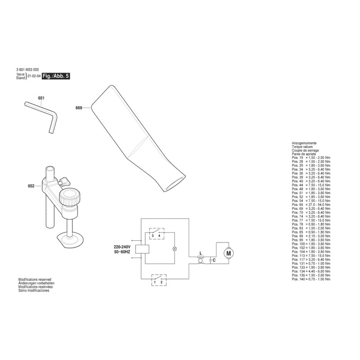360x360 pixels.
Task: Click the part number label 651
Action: pyautogui.click(x=41, y=98)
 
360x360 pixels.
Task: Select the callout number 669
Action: pyautogui.click(x=79, y=108)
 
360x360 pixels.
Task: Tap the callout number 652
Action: pyautogui.click(x=31, y=186)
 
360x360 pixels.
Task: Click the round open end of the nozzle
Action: pyautogui.click(x=175, y=184)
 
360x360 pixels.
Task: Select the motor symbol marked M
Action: pyautogui.click(x=229, y=253)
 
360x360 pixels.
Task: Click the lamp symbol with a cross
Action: pyautogui.click(x=175, y=248)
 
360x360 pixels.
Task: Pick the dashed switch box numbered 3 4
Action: pyautogui.click(x=157, y=234)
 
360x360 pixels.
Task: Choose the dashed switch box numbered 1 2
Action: pyautogui.click(x=159, y=280)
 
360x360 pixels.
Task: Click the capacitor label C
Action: pyautogui.click(x=214, y=260)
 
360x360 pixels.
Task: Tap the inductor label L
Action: pyautogui.click(x=201, y=253)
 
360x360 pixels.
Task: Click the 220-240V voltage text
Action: pyautogui.click(x=122, y=247)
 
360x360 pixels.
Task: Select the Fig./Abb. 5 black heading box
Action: pyautogui.click(x=56, y=76)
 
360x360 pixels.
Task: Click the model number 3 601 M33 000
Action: pyautogui.click(x=27, y=70)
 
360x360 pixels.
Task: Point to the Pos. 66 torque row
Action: pyautogui.click(x=311, y=205)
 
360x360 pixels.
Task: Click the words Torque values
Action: pyautogui.click(x=302, y=147)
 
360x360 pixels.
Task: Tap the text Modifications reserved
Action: pyautogui.click(x=35, y=279)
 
